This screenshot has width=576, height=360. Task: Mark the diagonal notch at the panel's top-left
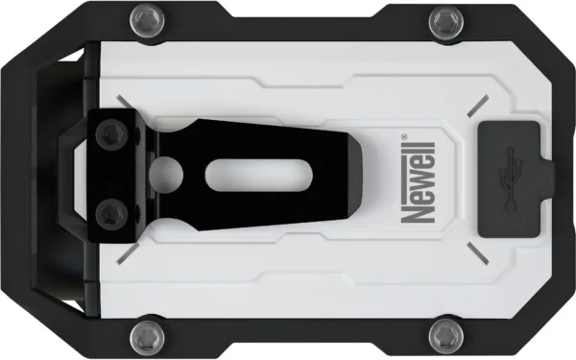[124, 100]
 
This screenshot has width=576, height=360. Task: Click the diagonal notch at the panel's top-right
[476, 108]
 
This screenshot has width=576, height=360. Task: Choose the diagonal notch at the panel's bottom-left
[125, 255]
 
